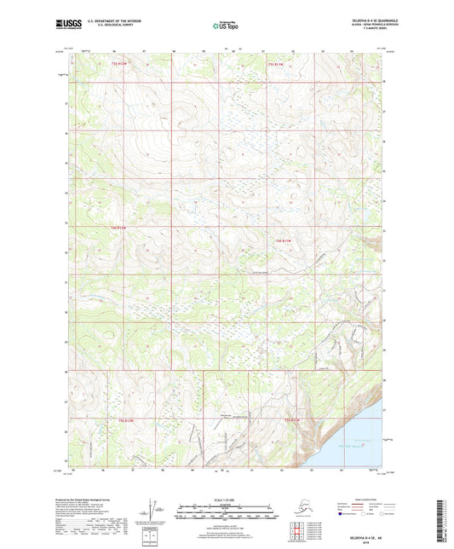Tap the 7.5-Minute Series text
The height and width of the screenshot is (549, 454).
[367, 30]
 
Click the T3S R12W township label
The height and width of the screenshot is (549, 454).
[123, 65]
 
